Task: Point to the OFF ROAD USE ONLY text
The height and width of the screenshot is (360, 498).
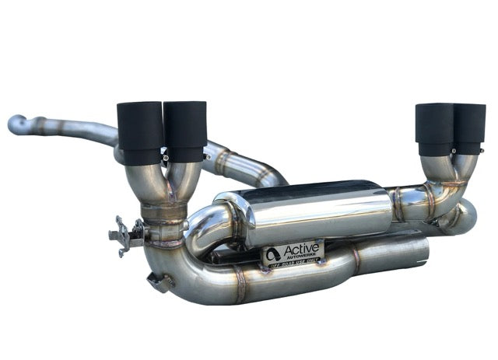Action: [293, 265]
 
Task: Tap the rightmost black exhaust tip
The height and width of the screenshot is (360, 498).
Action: [470, 128]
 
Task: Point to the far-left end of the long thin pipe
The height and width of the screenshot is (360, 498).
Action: [15, 123]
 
